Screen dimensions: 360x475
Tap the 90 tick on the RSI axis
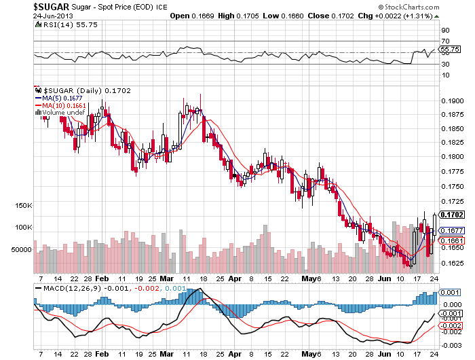pyautogui.click(x=445, y=31)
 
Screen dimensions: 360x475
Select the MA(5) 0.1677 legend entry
pyautogui.click(x=61, y=98)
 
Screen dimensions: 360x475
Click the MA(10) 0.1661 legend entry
pyautogui.click(x=62, y=105)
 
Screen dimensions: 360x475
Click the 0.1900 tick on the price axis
pyautogui.click(x=452, y=100)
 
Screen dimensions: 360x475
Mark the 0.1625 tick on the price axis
pyautogui.click(x=452, y=264)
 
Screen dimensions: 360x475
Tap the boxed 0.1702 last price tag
pyautogui.click(x=452, y=214)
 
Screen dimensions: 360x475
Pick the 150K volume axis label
pyautogui.click(x=24, y=205)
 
